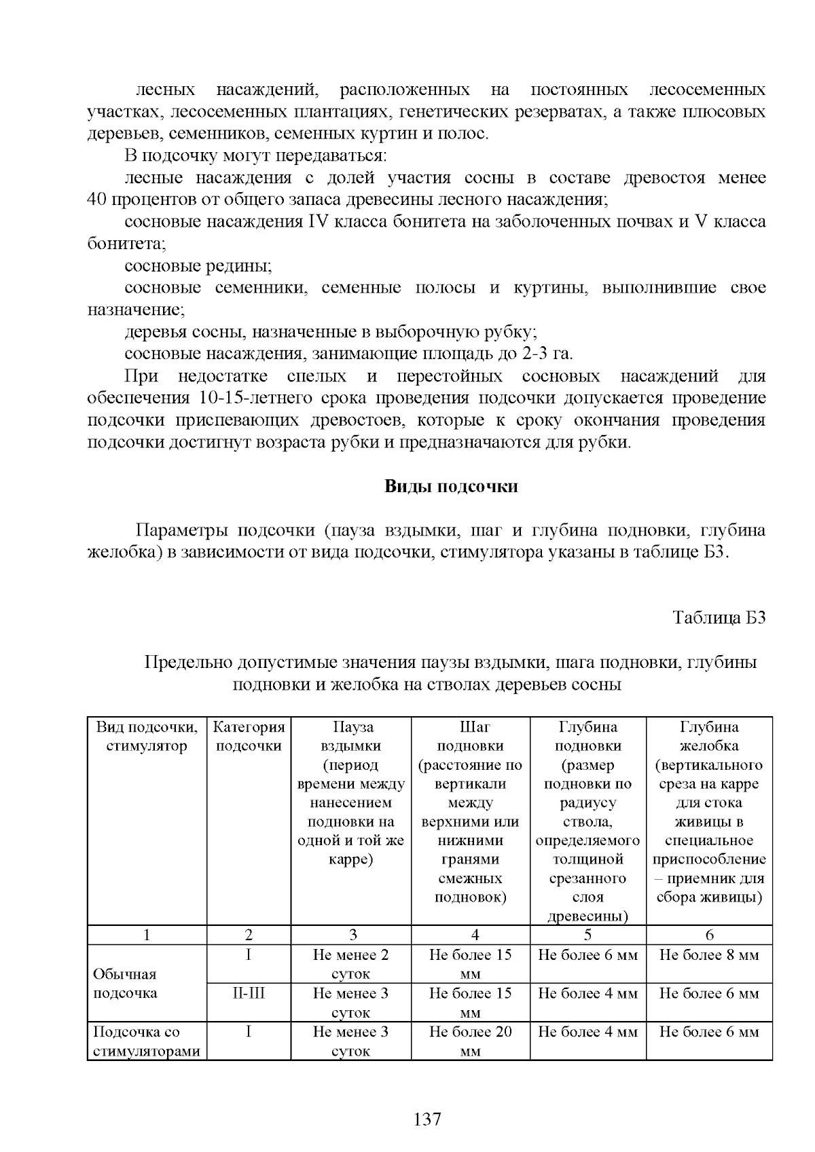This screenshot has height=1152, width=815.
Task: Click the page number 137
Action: click(427, 1119)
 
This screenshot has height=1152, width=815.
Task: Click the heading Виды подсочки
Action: click(452, 487)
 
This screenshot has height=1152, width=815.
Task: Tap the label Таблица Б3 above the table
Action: click(719, 618)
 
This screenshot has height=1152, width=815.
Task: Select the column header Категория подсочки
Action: click(249, 737)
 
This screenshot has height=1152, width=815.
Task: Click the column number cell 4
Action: click(475, 935)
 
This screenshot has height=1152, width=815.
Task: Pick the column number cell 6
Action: click(709, 935)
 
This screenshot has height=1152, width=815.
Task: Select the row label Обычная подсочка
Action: click(125, 984)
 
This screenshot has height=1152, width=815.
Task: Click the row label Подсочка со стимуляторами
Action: click(146, 1041)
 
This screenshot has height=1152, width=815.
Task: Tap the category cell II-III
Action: click(249, 994)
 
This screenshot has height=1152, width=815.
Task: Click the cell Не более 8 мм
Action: click(709, 956)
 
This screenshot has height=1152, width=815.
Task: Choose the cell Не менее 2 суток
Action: click(351, 964)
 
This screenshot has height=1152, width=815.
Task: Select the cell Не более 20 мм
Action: click(470, 1041)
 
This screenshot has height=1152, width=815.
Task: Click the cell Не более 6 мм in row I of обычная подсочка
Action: click(587, 956)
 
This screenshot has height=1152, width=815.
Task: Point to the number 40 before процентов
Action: click(97, 200)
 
